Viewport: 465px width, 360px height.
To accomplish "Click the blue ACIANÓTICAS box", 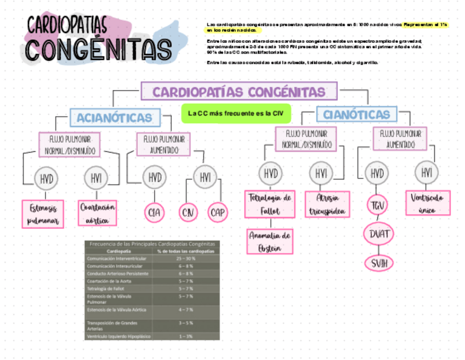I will click(115, 117).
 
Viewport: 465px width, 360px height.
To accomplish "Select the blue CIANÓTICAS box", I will click(357, 115).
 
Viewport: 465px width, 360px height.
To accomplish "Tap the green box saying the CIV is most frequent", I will click(236, 114).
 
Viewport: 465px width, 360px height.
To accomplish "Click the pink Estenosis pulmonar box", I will click(43, 214).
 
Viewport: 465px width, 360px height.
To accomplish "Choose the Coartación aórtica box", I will click(98, 213).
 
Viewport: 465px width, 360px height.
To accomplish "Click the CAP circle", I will click(218, 213).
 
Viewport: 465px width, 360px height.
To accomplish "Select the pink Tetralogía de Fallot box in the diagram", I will click(270, 204).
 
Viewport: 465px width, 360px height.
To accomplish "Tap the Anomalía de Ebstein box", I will click(269, 241).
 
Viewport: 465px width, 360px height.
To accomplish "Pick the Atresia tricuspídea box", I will click(327, 204).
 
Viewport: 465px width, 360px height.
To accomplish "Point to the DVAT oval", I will click(378, 234).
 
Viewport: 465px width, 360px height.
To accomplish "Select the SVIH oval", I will click(379, 263).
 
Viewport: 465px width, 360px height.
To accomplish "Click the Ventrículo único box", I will click(428, 203).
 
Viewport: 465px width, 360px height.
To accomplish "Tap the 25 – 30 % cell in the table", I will click(186, 258).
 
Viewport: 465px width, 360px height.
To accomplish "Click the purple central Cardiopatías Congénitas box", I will click(239, 92).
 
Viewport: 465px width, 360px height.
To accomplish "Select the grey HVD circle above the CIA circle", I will click(155, 177).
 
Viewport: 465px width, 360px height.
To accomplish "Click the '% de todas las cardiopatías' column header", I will click(186, 251).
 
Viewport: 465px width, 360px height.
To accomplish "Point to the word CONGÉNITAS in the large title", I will click(99, 48).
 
